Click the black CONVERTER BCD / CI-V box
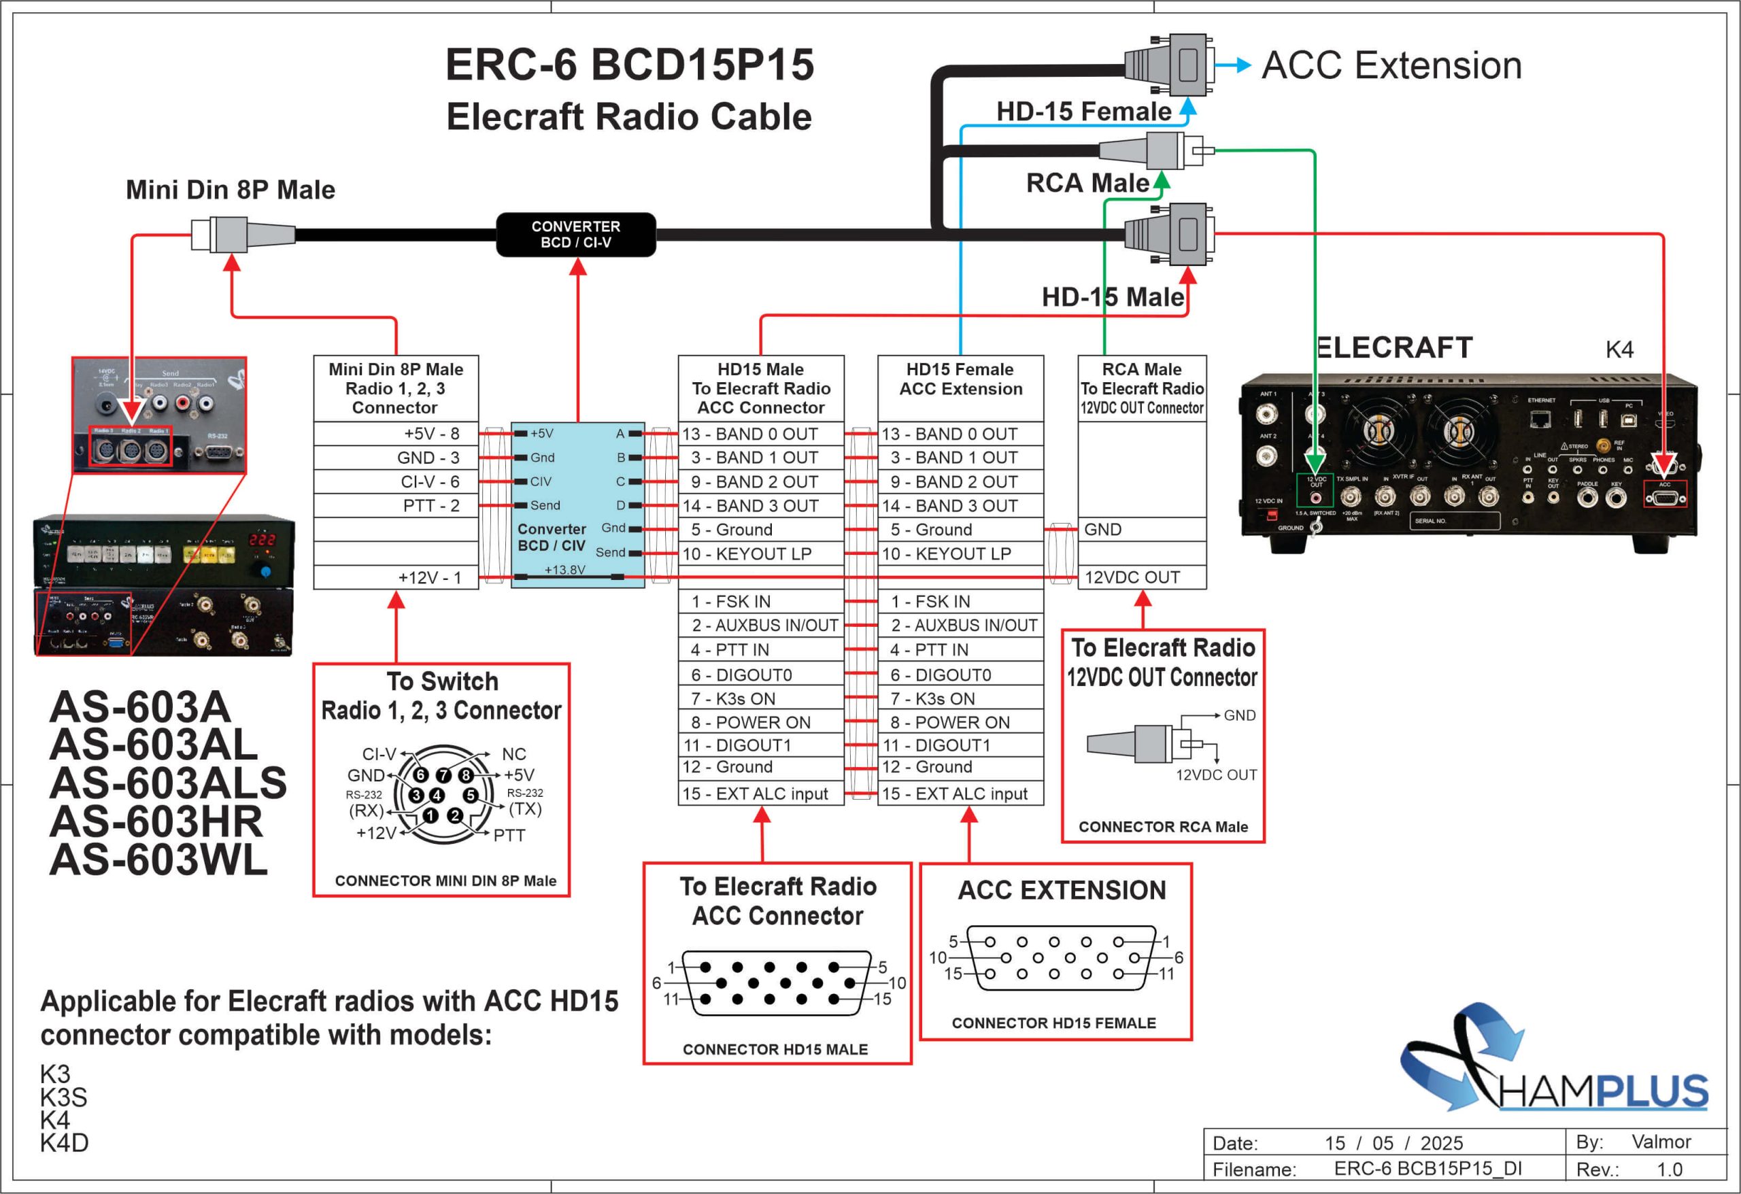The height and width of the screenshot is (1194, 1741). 575,235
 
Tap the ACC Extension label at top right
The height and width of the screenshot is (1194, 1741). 1391,66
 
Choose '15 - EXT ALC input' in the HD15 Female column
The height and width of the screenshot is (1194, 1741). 960,794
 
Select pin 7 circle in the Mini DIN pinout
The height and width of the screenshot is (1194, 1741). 443,774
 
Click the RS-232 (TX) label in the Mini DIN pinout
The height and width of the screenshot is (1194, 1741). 525,802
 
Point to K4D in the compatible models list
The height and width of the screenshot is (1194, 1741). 65,1143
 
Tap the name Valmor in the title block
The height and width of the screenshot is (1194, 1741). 1661,1142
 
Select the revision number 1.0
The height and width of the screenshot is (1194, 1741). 1669,1170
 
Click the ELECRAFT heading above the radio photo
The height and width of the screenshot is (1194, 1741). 1394,347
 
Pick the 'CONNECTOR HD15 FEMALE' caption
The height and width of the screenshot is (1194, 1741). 1053,1023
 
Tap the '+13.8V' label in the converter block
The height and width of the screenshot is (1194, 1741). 564,569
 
